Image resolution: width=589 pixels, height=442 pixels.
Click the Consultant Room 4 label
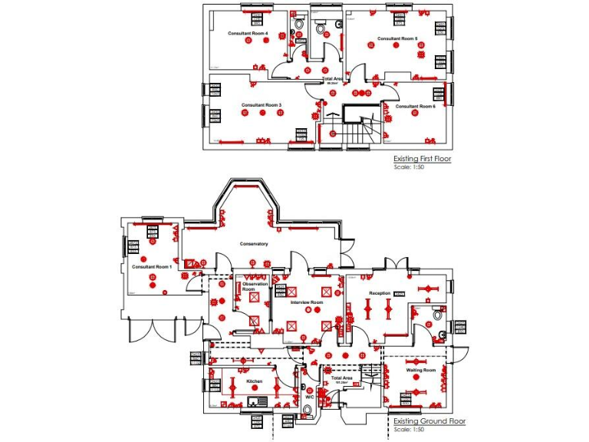coord(242,34)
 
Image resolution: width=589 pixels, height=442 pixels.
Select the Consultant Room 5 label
coord(397,38)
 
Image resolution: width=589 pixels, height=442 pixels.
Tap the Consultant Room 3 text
coord(262,104)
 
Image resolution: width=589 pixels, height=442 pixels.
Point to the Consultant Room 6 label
coord(415,106)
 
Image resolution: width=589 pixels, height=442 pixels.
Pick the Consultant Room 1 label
coord(151,266)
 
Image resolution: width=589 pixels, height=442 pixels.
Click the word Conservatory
coord(254,244)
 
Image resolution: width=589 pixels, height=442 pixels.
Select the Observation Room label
coord(254,286)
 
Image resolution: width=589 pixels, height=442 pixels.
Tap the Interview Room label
coord(307,302)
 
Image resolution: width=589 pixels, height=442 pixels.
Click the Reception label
coord(380,293)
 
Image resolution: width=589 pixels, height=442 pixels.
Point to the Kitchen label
coord(254,381)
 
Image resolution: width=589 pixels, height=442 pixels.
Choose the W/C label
coord(309,397)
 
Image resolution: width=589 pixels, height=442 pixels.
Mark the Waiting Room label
coord(421,371)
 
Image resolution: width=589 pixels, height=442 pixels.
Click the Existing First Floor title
coord(422,159)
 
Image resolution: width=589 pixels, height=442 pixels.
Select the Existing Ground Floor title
coord(429,421)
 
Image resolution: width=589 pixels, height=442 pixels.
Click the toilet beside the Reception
coord(437,314)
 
